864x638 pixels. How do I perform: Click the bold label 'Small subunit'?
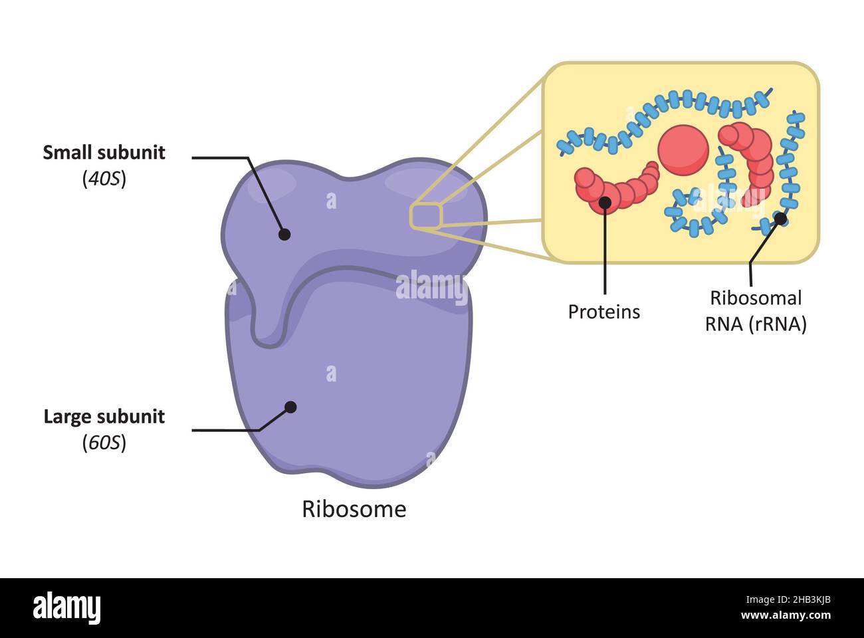click(104, 152)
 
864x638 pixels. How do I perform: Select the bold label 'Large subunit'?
click(104, 417)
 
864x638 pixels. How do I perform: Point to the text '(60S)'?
click(104, 442)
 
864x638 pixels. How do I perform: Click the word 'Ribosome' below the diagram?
click(354, 509)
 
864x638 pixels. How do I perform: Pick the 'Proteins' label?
click(603, 312)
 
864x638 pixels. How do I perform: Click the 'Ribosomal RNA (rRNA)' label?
click(756, 311)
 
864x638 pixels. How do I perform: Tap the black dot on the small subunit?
click(284, 234)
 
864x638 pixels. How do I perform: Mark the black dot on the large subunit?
click(290, 407)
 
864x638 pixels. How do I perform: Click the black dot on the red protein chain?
click(605, 202)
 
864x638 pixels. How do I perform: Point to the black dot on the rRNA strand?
click(781, 217)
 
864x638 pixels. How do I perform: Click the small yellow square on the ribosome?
click(425, 217)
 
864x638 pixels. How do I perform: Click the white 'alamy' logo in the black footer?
click(66, 608)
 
